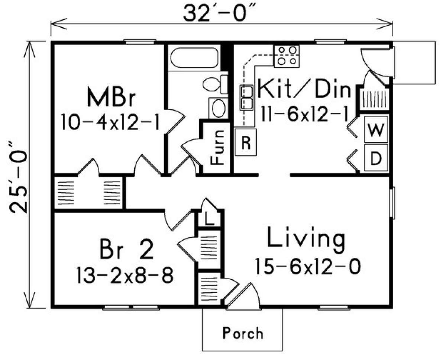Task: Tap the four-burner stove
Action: click(x=287, y=55)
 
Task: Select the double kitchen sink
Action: click(x=246, y=97)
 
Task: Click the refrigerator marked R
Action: click(x=246, y=142)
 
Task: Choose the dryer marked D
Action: click(x=375, y=158)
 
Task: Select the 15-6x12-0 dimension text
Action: click(x=307, y=267)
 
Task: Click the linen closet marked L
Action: click(x=209, y=219)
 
